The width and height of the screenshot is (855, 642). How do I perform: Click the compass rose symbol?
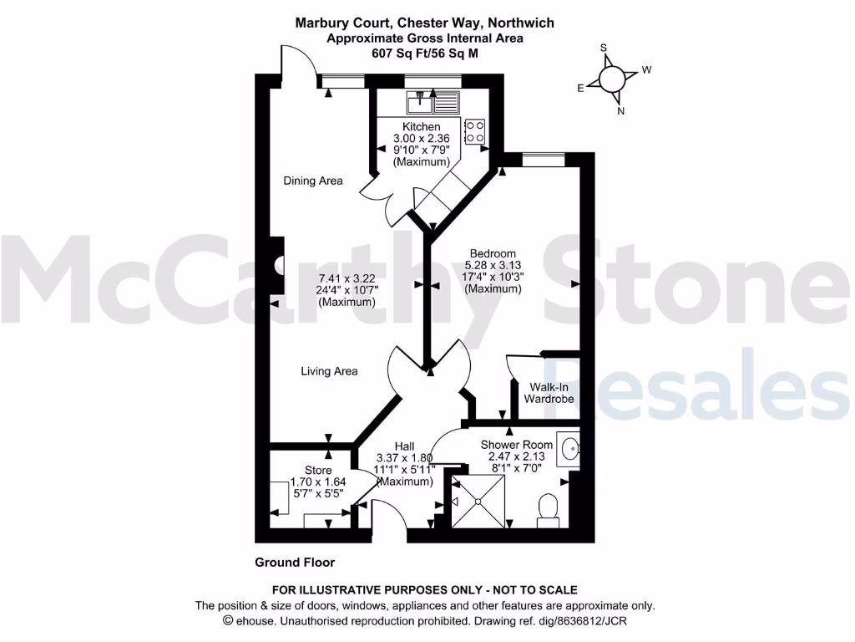click(611, 79)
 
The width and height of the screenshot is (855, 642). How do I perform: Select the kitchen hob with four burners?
click(475, 131)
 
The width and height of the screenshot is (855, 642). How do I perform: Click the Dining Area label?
click(313, 181)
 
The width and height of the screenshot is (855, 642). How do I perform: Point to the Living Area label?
click(329, 371)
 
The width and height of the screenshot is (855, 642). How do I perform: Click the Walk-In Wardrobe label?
click(549, 393)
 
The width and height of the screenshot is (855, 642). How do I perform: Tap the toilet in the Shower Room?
click(549, 509)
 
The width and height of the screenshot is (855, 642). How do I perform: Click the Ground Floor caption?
click(295, 563)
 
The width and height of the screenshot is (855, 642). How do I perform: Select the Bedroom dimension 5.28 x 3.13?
click(493, 265)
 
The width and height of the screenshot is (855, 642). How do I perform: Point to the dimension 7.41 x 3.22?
click(347, 278)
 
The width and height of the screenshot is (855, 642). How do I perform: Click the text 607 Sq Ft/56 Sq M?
click(424, 53)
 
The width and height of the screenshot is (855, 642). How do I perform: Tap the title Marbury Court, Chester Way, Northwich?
click(424, 23)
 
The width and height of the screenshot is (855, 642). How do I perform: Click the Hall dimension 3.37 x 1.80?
click(405, 457)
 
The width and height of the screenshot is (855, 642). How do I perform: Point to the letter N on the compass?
click(620, 110)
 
